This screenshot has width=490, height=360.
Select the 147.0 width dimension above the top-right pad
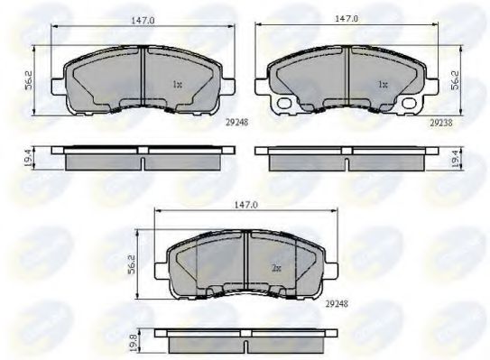pyautogui.click(x=347, y=18)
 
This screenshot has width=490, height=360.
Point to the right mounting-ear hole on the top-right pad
pyautogui.click(x=416, y=104)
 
